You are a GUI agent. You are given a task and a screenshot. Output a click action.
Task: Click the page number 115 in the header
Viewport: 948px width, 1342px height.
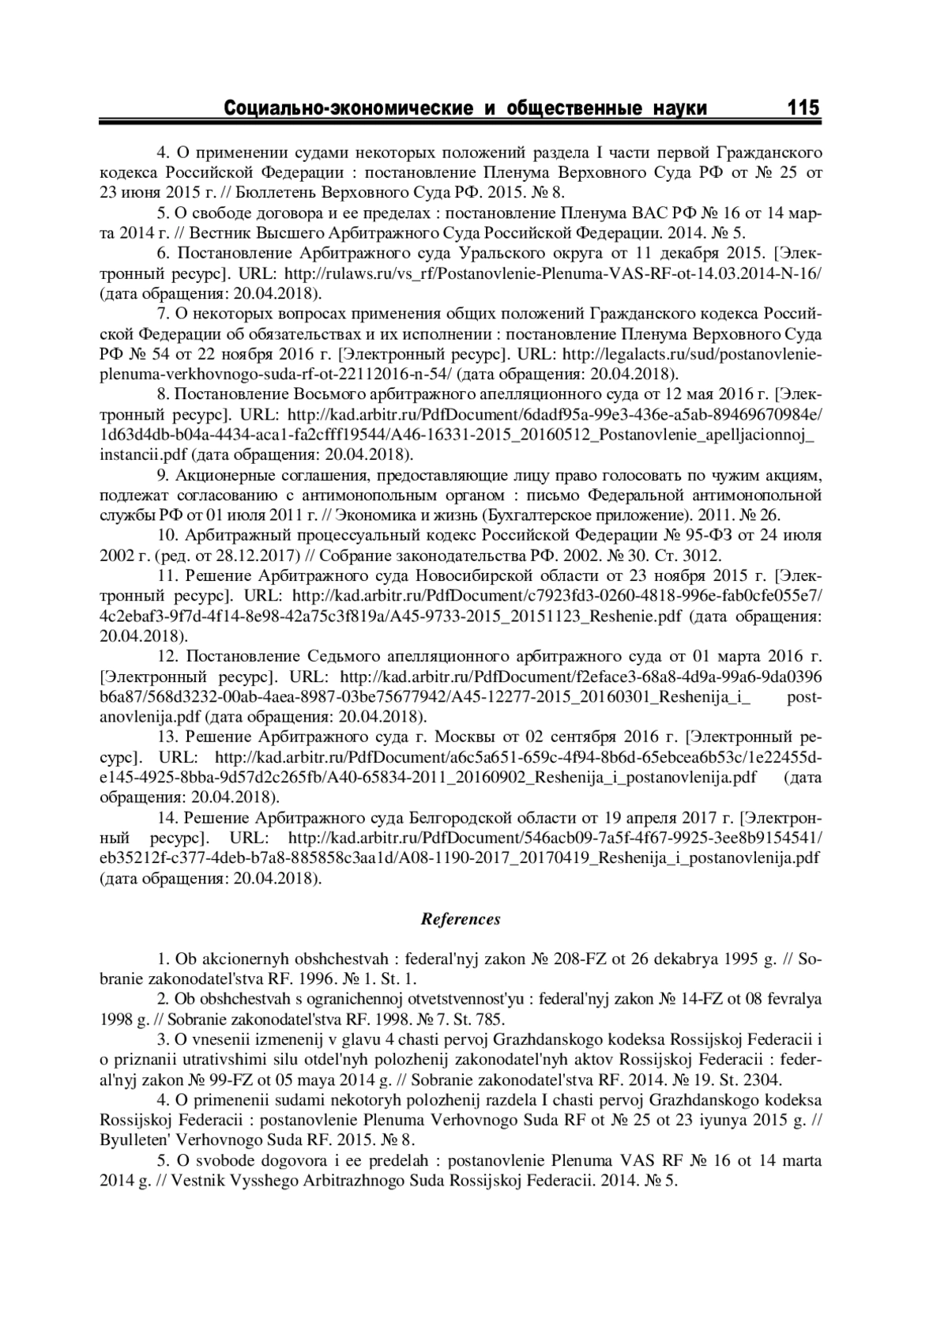[803, 107]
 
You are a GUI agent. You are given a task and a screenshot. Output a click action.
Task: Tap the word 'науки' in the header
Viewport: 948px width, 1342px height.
[679, 107]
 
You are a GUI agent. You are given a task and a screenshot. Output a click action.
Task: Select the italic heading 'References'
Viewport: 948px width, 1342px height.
[461, 919]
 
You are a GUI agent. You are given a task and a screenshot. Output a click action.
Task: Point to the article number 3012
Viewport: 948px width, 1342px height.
[703, 556]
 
